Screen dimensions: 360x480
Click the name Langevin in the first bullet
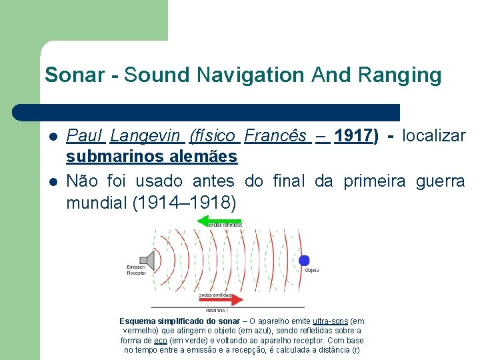pyautogui.click(x=146, y=137)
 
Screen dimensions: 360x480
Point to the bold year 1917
pyautogui.click(x=353, y=137)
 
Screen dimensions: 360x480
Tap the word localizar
pyautogui.click(x=434, y=137)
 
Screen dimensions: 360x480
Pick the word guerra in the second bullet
pyautogui.click(x=441, y=181)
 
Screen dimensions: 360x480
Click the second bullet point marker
pyautogui.click(x=53, y=181)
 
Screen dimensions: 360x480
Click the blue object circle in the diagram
pyautogui.click(x=304, y=261)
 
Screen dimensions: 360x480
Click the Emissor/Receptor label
pyautogui.click(x=137, y=270)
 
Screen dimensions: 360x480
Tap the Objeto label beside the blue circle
pyautogui.click(x=311, y=270)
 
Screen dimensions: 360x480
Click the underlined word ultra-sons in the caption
pyautogui.click(x=330, y=321)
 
